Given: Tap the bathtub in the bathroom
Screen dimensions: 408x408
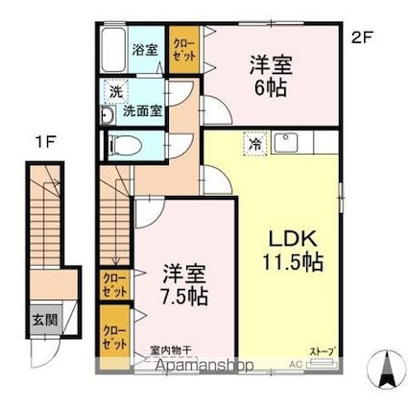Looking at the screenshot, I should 116,49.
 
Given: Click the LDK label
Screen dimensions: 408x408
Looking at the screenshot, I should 287,237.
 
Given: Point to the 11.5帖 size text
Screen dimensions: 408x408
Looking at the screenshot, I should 288,261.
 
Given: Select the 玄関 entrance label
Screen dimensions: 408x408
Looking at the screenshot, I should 43,321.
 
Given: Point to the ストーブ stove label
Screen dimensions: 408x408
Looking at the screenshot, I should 321,352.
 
